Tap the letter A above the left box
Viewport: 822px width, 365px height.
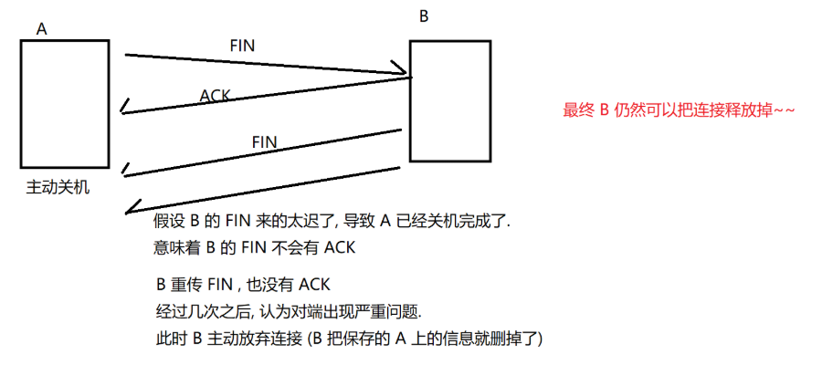click(42, 29)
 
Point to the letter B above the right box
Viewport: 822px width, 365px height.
click(423, 16)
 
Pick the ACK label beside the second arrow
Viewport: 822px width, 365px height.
click(215, 95)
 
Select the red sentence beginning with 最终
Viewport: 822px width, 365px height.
click(680, 111)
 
